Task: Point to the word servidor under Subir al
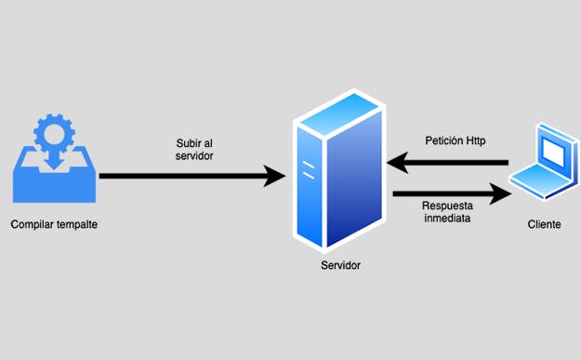195,156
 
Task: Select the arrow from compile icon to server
186,175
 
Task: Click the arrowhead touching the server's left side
274,175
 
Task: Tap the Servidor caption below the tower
340,266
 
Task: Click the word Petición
441,141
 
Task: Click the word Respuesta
447,207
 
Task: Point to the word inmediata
446,220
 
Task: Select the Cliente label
544,224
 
